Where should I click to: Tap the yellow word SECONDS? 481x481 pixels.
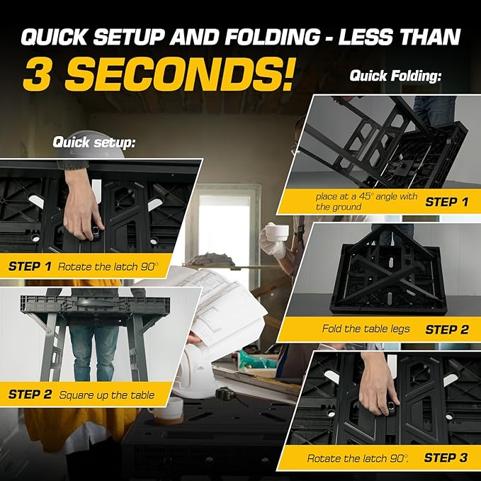(x=181, y=74)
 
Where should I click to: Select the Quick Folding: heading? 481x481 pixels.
(x=396, y=75)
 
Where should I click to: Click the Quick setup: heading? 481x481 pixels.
(x=94, y=142)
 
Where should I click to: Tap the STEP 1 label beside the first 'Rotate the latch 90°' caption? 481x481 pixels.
(x=30, y=266)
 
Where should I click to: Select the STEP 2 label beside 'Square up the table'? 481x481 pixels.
(x=30, y=394)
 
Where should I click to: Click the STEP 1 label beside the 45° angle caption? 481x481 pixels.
(x=446, y=202)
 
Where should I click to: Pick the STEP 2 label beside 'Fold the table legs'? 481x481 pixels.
(x=446, y=329)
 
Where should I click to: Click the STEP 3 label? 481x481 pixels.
(x=446, y=458)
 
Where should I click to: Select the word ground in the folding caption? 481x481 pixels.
(x=349, y=207)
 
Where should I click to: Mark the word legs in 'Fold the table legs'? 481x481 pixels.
(x=402, y=330)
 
